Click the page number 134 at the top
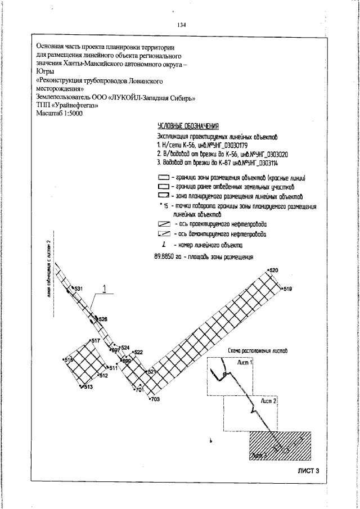[x=181, y=25]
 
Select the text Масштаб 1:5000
[x=59, y=113]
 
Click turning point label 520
[x=274, y=271]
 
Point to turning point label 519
[x=287, y=289]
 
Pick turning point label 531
[x=78, y=289]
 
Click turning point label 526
[x=103, y=319]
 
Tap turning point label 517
[x=96, y=341]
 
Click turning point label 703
[x=156, y=399]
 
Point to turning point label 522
[x=138, y=352]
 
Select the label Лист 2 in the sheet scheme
[x=267, y=402]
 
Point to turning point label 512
[x=103, y=376]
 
